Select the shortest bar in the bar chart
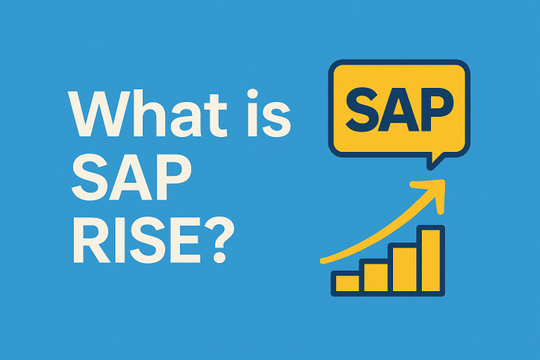(x=347, y=283)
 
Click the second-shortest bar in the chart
(x=374, y=276)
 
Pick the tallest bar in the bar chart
(x=430, y=259)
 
